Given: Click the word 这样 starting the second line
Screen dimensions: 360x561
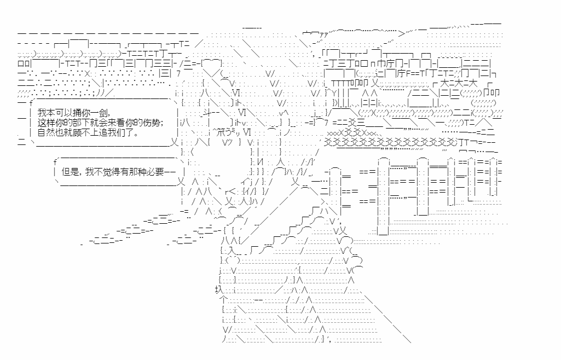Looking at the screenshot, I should tap(45, 122).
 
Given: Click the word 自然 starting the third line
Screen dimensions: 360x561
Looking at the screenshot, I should tap(45, 132).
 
